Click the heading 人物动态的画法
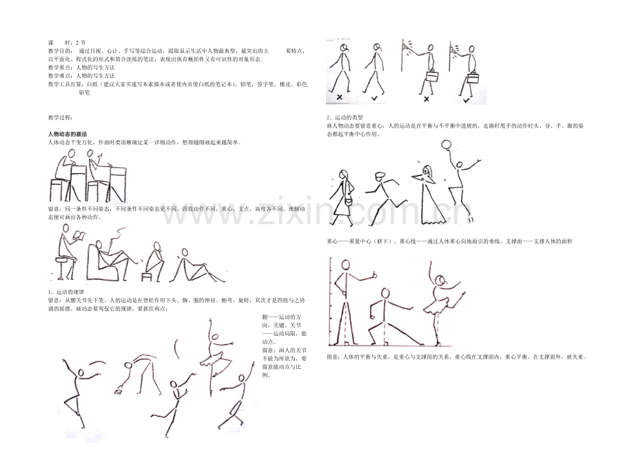pyautogui.click(x=68, y=133)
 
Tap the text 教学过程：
pyautogui.click(x=60, y=117)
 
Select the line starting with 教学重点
pyautogui.click(x=81, y=68)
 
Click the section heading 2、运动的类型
pyautogui.click(x=345, y=118)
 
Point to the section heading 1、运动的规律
pyautogui.click(x=67, y=292)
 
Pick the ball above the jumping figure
pyautogui.click(x=446, y=145)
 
